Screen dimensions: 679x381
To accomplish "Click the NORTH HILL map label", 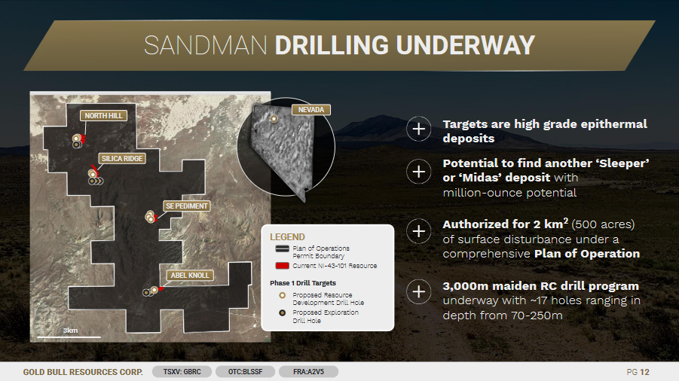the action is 103,115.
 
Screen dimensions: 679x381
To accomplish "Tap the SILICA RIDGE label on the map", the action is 122,158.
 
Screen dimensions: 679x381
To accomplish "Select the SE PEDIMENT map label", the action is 187,206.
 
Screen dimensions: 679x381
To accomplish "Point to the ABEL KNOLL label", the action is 190,275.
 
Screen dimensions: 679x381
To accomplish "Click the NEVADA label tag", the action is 311,110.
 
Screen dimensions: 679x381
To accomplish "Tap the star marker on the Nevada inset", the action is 274,118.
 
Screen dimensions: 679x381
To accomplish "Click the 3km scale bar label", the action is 70,331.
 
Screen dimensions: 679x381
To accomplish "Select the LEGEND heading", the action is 287,237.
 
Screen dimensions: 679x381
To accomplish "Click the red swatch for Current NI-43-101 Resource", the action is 283,266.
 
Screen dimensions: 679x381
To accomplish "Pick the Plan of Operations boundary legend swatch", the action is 283,248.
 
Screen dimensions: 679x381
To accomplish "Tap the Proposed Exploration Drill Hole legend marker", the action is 283,312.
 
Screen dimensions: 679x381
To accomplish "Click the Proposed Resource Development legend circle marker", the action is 283,295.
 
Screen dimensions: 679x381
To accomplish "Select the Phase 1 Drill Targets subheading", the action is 303,283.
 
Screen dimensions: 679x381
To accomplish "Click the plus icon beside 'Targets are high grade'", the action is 418,129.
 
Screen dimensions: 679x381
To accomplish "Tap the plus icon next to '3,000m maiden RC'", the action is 418,291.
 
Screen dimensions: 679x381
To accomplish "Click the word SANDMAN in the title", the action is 205,45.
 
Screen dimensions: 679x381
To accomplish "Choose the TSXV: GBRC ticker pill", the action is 182,371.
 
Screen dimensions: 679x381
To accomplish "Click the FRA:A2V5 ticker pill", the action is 308,371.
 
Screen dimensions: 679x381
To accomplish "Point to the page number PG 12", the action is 638,372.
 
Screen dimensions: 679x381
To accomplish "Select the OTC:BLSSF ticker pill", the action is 245,371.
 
